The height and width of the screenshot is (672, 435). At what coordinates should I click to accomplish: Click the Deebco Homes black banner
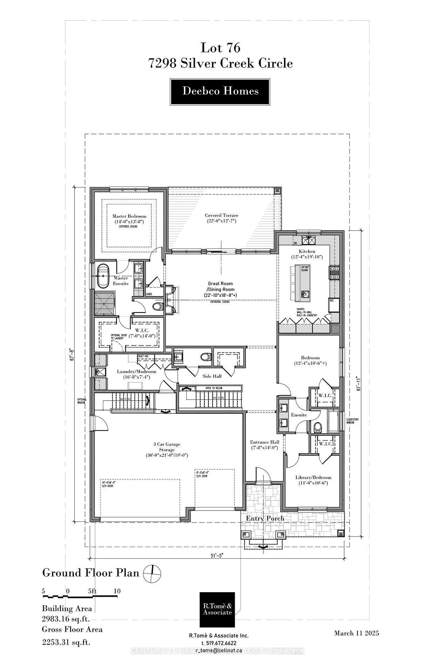point(220,92)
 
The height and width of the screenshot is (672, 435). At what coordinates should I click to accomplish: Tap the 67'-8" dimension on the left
point(72,354)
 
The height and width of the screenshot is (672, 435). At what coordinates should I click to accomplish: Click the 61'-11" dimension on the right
point(357,385)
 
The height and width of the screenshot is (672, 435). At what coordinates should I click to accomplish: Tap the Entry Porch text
point(265,518)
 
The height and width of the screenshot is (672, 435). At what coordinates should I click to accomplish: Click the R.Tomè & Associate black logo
point(217,609)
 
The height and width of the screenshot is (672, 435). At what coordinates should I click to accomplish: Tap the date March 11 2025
point(356,633)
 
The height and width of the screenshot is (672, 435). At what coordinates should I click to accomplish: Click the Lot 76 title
point(220,48)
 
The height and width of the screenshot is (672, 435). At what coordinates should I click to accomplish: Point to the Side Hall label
point(212,376)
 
